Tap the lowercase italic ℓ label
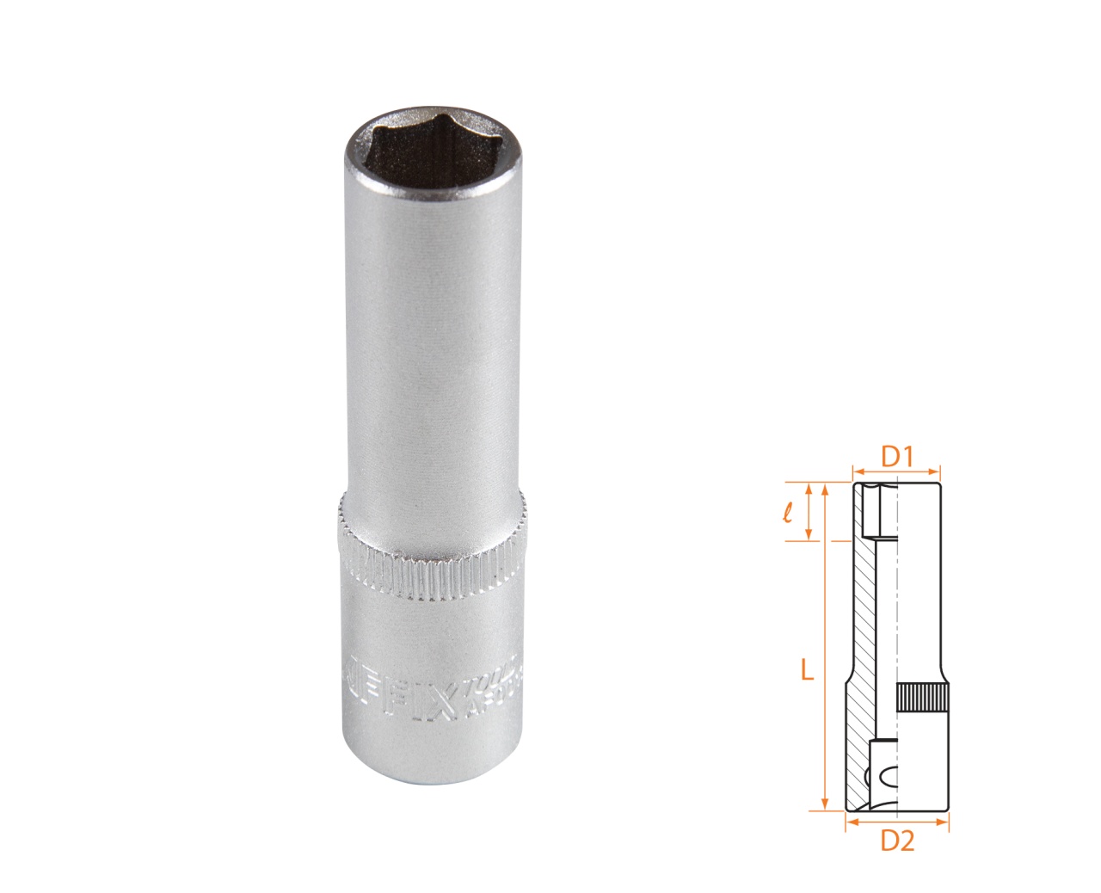click(x=788, y=513)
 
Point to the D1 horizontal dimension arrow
click(x=896, y=471)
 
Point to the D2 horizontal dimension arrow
click(x=896, y=822)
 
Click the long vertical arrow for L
click(x=825, y=645)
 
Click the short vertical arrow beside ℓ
click(x=809, y=513)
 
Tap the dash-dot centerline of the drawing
click(x=897, y=602)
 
